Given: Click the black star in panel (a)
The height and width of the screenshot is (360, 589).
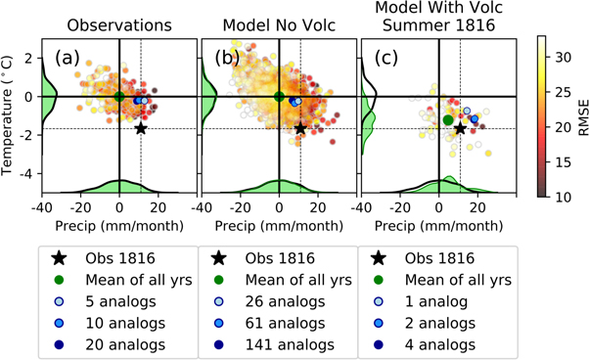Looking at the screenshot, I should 141,128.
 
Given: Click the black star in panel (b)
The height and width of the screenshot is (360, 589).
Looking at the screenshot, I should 300,128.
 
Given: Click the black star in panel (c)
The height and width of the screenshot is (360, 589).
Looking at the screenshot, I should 460,128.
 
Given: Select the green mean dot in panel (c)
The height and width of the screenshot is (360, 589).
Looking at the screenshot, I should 448,119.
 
